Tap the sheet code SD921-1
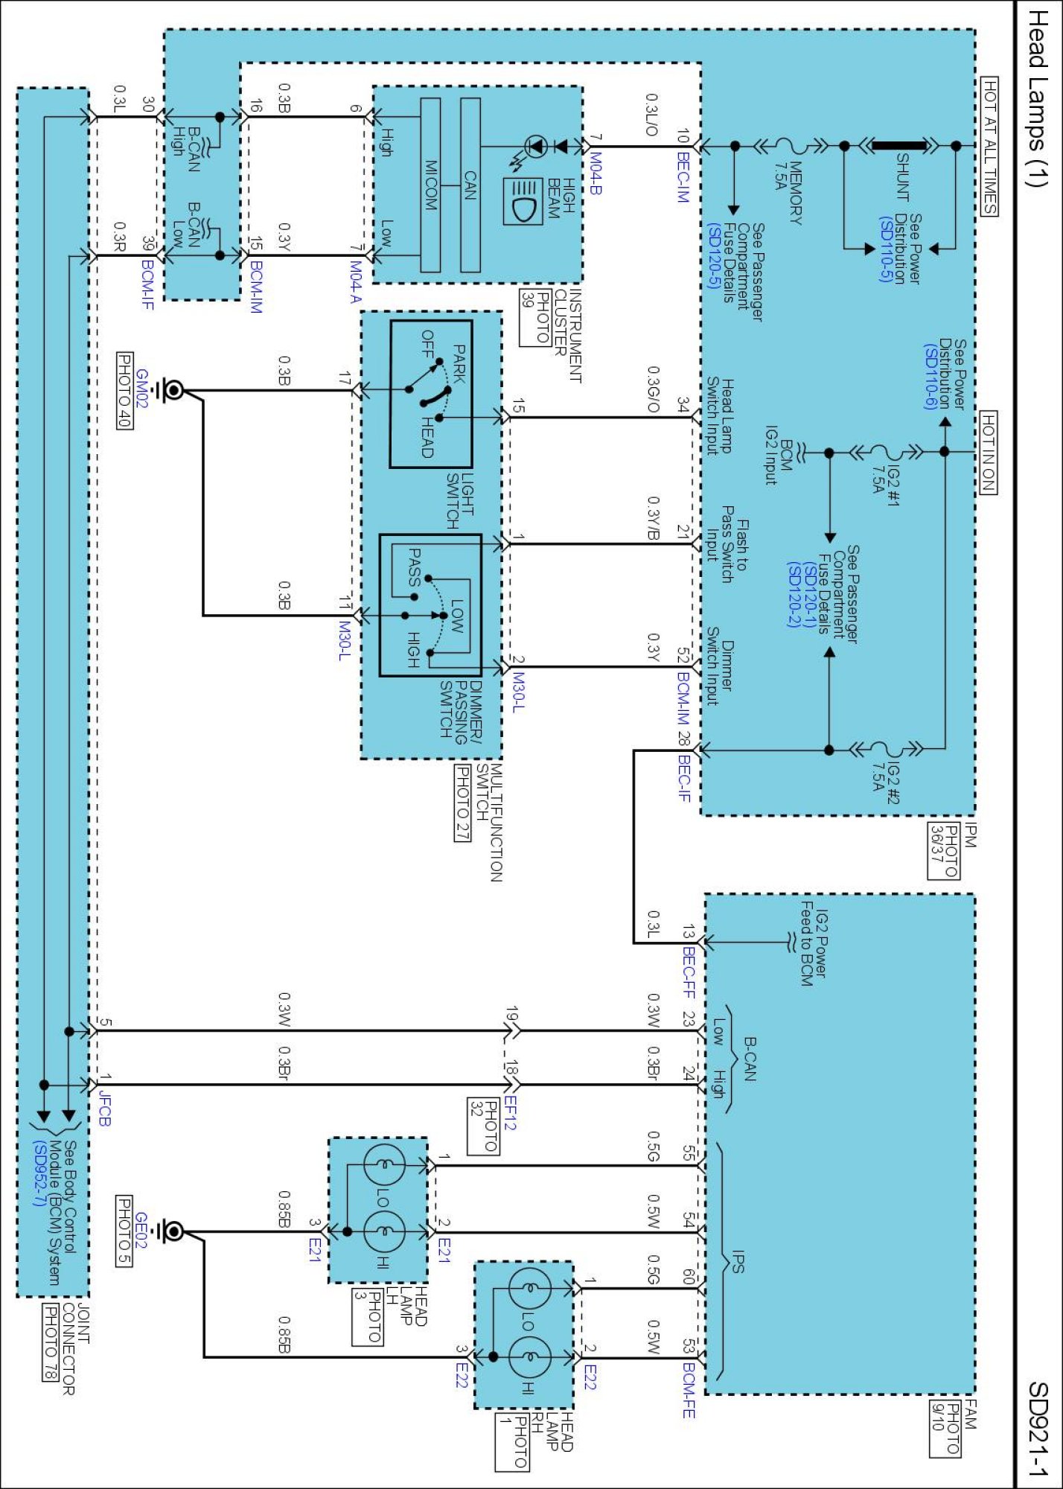1038,1429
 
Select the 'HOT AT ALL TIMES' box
989,146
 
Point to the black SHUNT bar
901,146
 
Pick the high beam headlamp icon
523,201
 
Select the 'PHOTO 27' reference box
462,803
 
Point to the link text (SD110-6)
929,376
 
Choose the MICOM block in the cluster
430,185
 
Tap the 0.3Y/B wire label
653,519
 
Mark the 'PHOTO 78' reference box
50,1342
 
